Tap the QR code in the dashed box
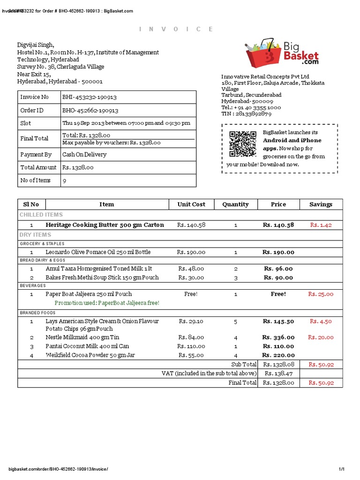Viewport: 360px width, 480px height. pos(242,144)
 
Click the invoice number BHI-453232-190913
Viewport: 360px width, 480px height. pos(90,97)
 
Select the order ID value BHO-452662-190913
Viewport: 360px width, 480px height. pos(90,111)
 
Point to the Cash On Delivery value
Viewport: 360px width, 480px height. pos(84,155)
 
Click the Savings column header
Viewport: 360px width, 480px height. pos(321,204)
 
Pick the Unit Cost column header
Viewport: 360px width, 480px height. pos(191,204)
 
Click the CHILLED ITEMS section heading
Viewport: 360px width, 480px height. pos(41,215)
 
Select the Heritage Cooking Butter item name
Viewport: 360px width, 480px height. pos(105,225)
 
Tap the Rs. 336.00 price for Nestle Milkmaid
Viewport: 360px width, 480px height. pos(278,337)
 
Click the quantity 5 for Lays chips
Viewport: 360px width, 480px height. pos(236,322)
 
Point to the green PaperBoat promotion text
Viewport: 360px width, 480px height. pos(107,303)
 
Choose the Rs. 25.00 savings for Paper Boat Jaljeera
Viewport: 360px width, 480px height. pos(321,294)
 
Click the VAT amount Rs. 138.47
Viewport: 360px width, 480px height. pos(278,374)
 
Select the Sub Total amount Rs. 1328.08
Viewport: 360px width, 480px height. pos(278,365)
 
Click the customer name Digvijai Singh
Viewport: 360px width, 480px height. pos(36,45)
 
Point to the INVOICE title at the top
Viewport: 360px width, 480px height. pos(176,29)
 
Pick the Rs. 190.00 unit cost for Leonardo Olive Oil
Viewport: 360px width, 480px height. pos(191,252)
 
